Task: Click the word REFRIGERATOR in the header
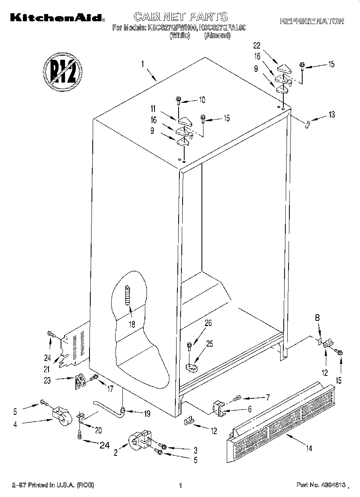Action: [312, 21]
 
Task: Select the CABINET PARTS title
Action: [180, 16]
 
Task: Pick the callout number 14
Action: [309, 448]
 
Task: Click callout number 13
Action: [331, 115]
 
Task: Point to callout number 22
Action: [257, 45]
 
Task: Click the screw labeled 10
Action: [178, 100]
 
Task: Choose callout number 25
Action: [209, 343]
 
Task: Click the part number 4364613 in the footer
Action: [321, 485]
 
